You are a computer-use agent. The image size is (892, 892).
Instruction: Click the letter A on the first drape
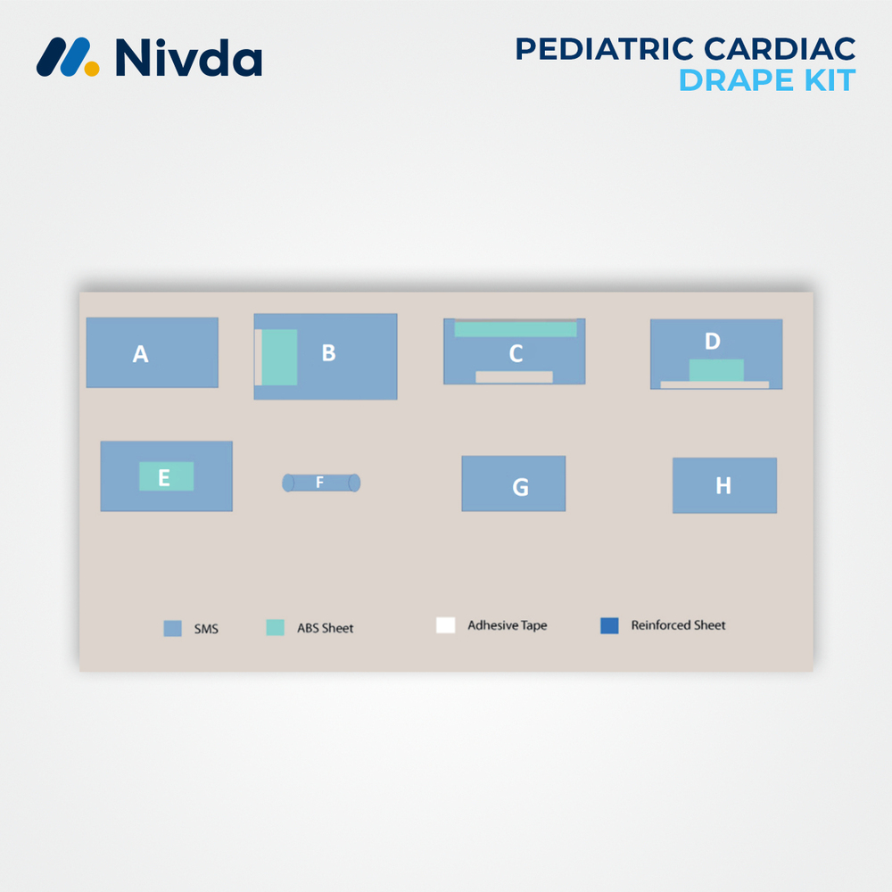click(x=140, y=354)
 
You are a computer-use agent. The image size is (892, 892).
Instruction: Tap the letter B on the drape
click(x=328, y=352)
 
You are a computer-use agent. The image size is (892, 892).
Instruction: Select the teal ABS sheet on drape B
click(x=279, y=357)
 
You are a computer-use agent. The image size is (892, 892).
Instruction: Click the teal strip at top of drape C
click(x=516, y=329)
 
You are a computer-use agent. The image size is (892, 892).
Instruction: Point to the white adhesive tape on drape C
click(x=514, y=376)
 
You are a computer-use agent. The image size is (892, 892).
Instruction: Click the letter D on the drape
click(x=712, y=341)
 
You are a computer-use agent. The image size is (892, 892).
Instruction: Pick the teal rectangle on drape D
click(x=716, y=369)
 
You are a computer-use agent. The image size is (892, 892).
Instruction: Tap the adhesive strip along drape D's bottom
click(x=714, y=384)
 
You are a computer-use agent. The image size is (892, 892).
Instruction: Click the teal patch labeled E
click(x=166, y=476)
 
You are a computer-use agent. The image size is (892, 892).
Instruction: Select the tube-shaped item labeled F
click(x=321, y=483)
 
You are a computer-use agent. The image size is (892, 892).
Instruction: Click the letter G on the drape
click(x=520, y=487)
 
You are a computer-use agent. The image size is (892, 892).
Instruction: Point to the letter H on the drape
click(x=723, y=485)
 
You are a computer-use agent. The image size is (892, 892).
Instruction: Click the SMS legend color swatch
click(x=173, y=628)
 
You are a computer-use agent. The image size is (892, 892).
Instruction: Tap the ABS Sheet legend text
click(x=325, y=628)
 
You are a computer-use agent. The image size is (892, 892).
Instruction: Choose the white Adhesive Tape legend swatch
click(x=445, y=625)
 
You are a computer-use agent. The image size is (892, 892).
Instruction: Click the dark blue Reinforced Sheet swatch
click(x=609, y=625)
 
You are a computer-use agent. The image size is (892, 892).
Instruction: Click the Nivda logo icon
click(x=68, y=56)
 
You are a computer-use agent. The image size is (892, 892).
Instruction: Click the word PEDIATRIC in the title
click(x=599, y=48)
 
